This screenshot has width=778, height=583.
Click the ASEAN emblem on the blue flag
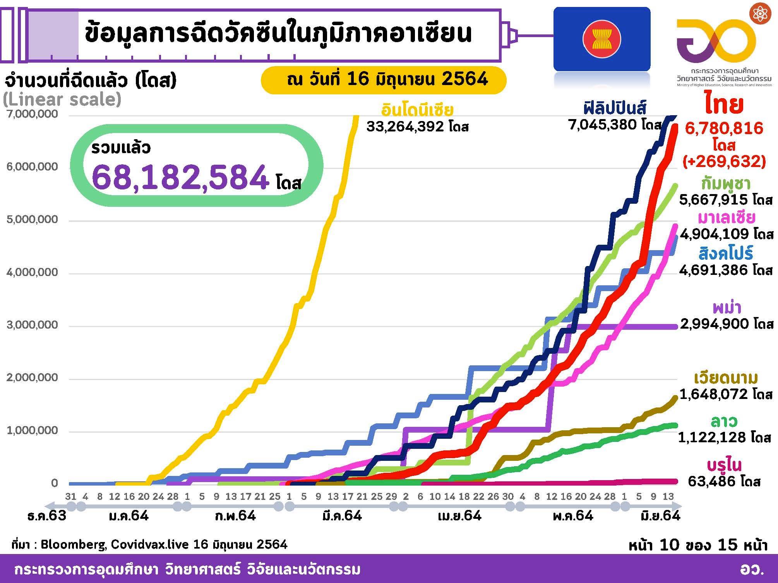(601, 39)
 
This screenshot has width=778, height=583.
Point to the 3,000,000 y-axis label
(32, 325)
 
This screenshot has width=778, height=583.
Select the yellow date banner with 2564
(383, 80)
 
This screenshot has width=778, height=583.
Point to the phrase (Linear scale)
(62, 99)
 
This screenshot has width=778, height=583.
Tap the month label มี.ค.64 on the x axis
(342, 516)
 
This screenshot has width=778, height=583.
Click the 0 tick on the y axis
(54, 483)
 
